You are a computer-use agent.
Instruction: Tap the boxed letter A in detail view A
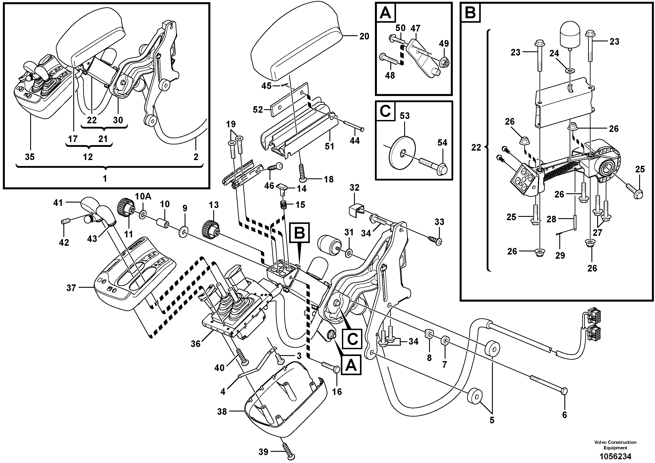[x=385, y=13]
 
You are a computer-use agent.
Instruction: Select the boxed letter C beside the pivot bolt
[x=352, y=339]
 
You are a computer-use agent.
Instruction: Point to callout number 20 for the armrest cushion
[x=364, y=36]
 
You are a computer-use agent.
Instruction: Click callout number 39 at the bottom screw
[x=263, y=452]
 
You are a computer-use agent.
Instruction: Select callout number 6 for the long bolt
[x=564, y=415]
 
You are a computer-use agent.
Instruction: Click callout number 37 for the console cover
[x=71, y=288]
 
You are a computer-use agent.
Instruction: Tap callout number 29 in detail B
[x=560, y=255]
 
